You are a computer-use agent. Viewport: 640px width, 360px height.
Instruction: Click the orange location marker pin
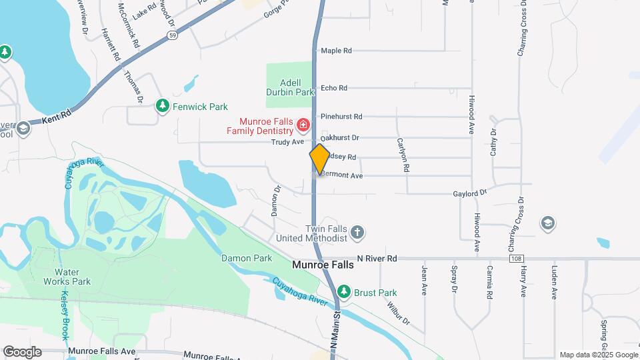click(x=319, y=159)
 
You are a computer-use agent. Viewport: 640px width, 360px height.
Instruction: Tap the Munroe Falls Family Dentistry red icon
click(x=303, y=125)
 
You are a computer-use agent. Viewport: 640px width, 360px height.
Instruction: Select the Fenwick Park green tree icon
click(x=162, y=106)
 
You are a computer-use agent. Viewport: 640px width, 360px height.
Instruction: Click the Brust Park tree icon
click(x=343, y=292)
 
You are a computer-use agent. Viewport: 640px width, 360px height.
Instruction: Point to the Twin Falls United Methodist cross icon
click(x=358, y=233)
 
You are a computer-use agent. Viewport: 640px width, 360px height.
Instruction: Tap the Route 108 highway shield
click(x=515, y=258)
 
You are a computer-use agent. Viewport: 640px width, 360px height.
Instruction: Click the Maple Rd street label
click(x=335, y=51)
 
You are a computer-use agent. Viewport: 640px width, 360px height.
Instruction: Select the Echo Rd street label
click(x=333, y=88)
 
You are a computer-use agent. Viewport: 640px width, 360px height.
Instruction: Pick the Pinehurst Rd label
click(x=341, y=117)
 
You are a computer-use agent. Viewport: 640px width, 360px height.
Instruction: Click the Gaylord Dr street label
click(x=473, y=193)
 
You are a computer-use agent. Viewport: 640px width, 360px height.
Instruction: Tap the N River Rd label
click(x=377, y=258)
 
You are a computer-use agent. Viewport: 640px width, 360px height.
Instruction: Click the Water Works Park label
click(x=72, y=277)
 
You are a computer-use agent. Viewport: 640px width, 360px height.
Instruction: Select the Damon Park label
click(x=247, y=258)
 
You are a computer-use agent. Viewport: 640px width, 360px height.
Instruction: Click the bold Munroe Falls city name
click(x=323, y=265)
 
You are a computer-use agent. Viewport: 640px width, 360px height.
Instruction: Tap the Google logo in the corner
click(x=22, y=351)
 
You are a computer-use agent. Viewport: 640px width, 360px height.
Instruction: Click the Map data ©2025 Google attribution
click(x=598, y=355)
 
